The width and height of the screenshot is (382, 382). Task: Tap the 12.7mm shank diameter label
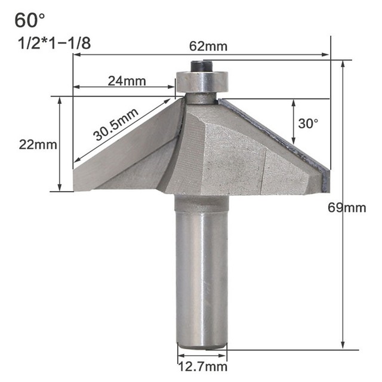[x=202, y=366]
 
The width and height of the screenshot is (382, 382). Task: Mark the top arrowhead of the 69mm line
[x=343, y=63]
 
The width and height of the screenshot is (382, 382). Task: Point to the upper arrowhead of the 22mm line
[x=60, y=101]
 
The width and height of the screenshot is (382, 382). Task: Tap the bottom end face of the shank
[x=202, y=346]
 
